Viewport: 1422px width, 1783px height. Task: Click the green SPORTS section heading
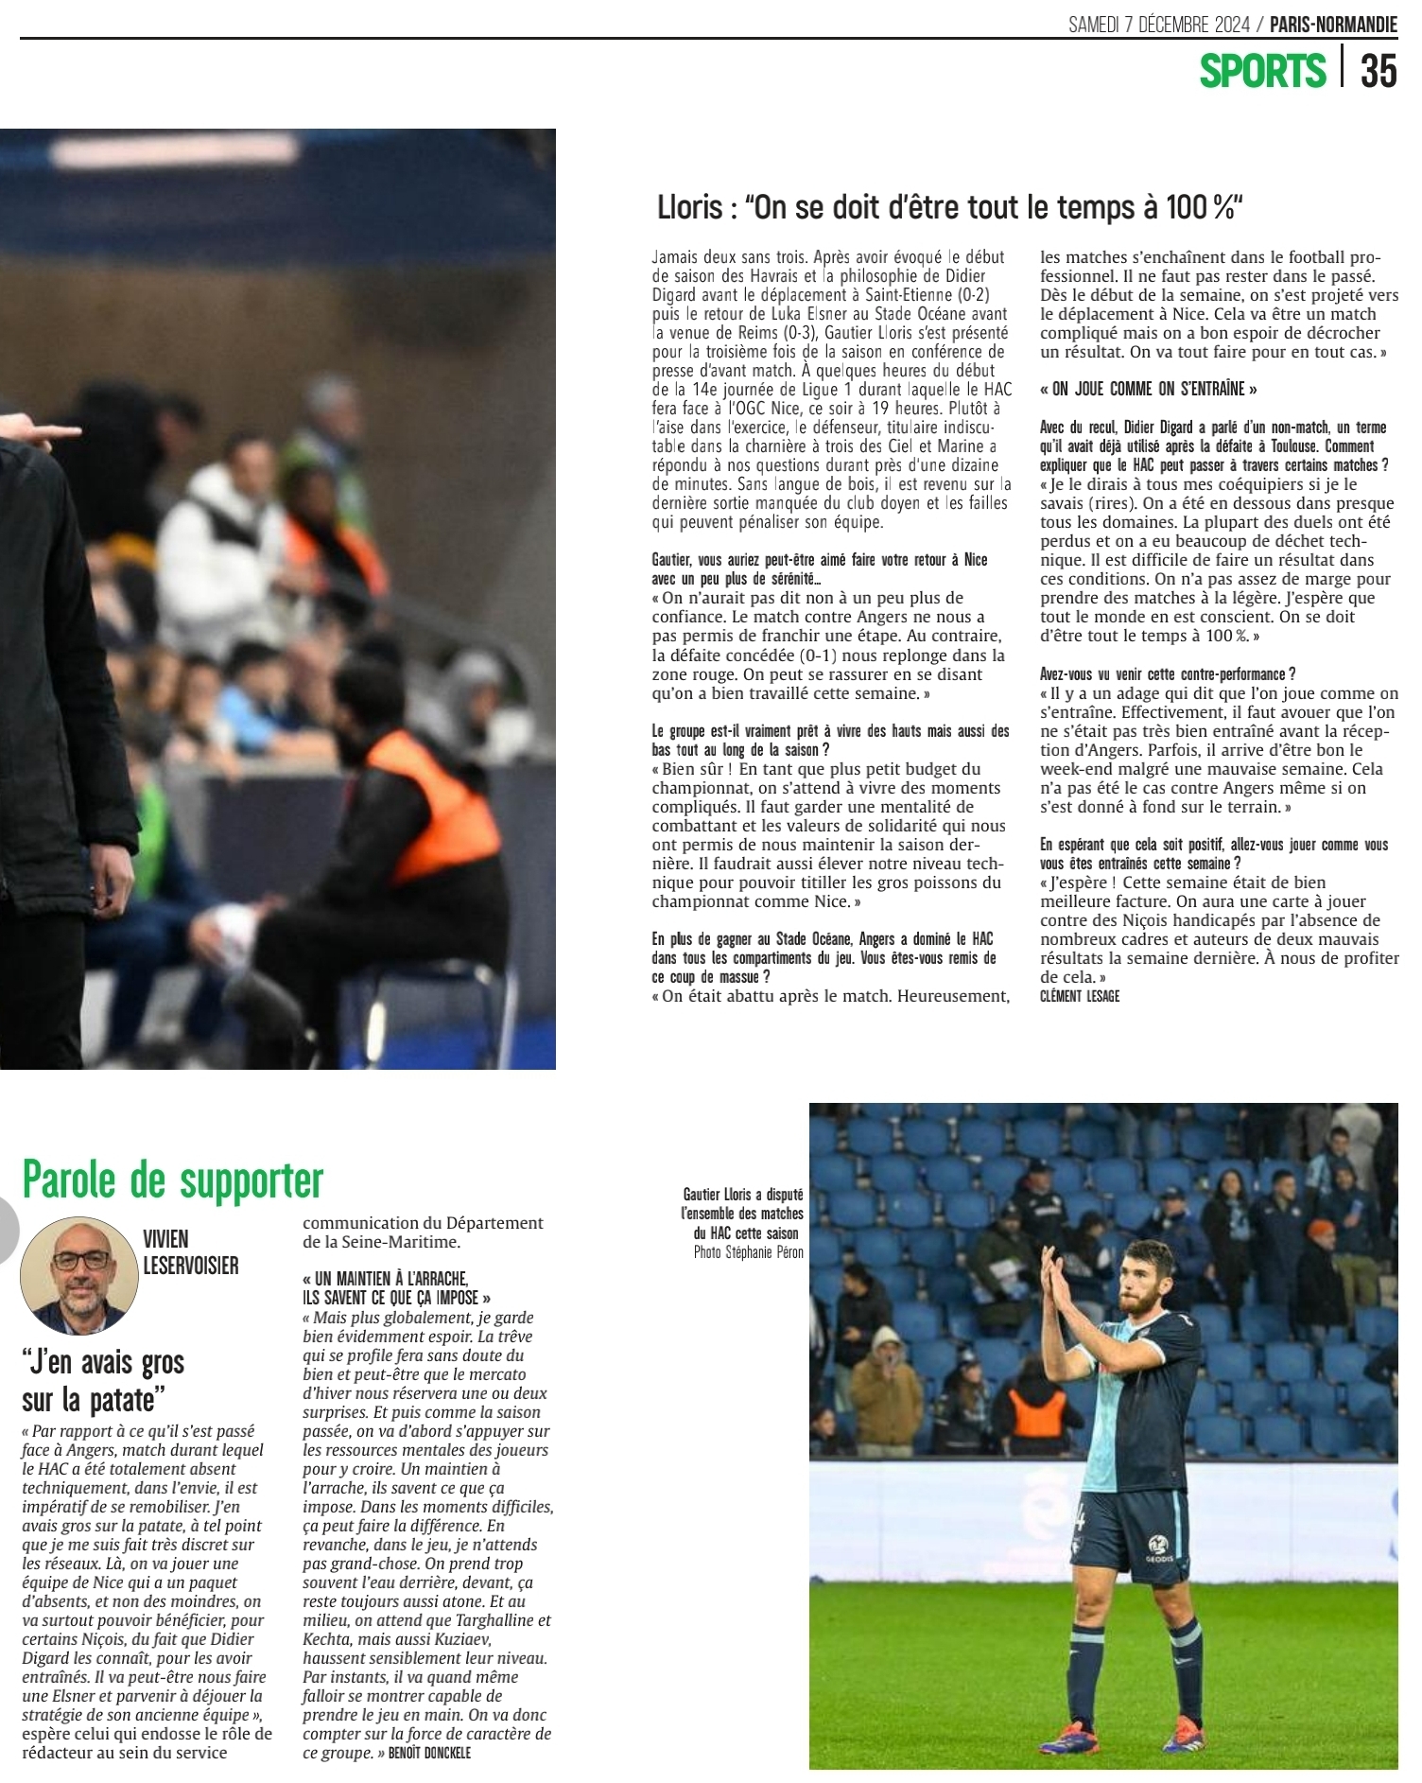(x=1262, y=71)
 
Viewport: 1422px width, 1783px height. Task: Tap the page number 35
(x=1379, y=71)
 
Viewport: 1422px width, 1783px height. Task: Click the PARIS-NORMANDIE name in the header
(x=1333, y=25)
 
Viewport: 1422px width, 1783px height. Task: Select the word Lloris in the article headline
(x=689, y=207)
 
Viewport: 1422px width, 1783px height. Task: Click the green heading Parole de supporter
(x=173, y=1180)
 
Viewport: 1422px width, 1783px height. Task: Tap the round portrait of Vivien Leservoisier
(x=79, y=1274)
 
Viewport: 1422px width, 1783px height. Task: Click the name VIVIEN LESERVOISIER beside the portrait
(x=190, y=1251)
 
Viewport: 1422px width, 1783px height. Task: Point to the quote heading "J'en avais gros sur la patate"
(x=102, y=1380)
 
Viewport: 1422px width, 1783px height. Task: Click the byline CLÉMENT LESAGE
(x=1079, y=996)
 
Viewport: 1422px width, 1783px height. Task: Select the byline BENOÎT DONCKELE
(x=429, y=1753)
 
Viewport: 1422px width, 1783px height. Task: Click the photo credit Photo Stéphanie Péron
(x=748, y=1252)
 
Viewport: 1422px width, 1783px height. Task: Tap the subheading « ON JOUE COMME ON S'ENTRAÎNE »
(x=1149, y=389)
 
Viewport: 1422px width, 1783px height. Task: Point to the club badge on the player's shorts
(x=1157, y=1543)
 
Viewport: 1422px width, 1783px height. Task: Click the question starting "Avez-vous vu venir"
(x=1167, y=674)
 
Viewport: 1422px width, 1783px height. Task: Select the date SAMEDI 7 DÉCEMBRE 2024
(x=1159, y=25)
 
